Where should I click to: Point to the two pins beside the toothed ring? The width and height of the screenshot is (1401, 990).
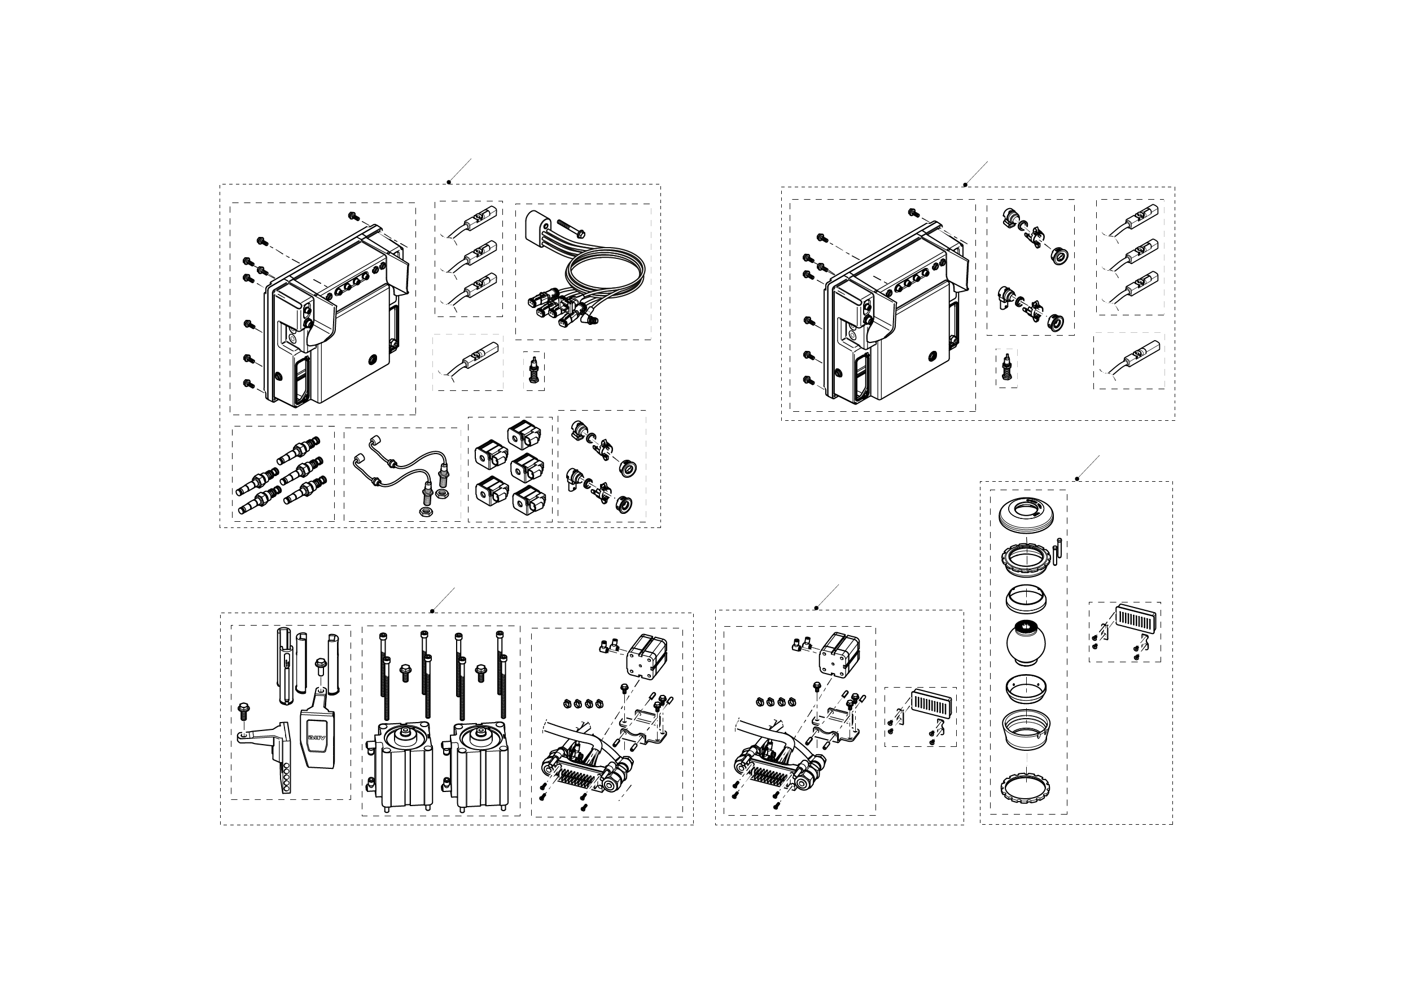pyautogui.click(x=1059, y=547)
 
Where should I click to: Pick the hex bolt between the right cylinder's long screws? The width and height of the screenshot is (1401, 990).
pyautogui.click(x=481, y=671)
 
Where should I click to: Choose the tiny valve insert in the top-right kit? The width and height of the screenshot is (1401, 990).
pyautogui.click(x=1007, y=368)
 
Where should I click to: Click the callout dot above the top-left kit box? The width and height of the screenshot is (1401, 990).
pyautogui.click(x=449, y=182)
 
